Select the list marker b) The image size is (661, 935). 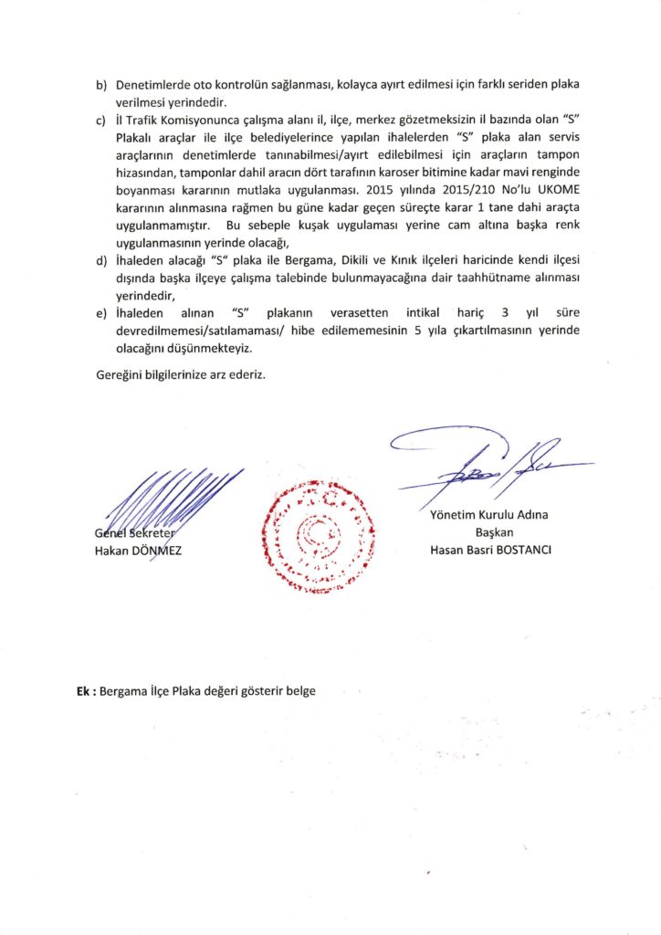[x=102, y=85]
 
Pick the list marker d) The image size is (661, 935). [x=102, y=263]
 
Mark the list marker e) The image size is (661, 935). [x=102, y=314]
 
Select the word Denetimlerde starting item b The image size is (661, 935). [x=152, y=85]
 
